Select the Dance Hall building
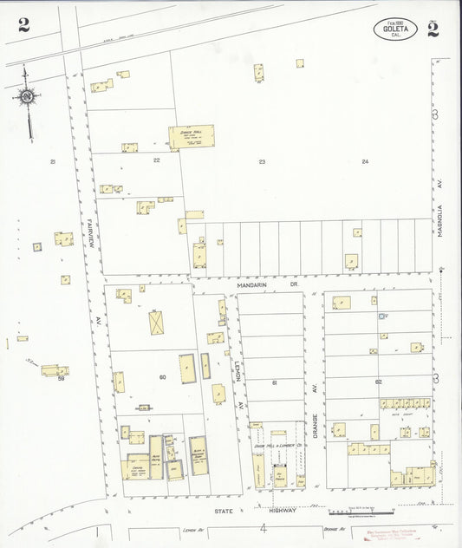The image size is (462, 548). point(191,136)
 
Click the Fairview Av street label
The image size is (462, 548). point(88,230)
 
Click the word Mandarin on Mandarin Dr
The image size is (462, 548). point(257,284)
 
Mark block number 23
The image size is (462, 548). point(261,162)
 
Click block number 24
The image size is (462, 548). point(365,162)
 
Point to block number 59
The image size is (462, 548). point(62,378)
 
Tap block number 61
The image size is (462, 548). point(273,382)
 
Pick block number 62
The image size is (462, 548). point(378,382)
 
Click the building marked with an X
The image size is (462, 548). point(157,322)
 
